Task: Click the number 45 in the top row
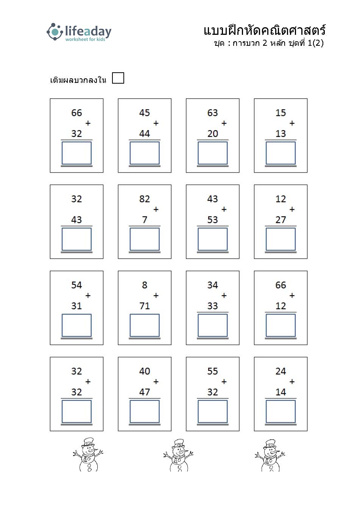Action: pos(145,113)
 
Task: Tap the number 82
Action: pos(145,199)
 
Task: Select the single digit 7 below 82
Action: pos(145,220)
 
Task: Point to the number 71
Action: pos(145,306)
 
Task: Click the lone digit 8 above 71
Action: pos(145,285)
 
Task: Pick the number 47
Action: pos(145,392)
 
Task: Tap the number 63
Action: pos(212,113)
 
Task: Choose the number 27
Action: pos(281,220)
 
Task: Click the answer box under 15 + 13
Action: pos(281,153)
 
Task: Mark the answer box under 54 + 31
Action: pos(76,325)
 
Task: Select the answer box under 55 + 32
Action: pos(212,411)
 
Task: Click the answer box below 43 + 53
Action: pos(212,239)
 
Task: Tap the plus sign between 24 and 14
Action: pos(292,381)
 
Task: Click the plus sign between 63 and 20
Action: pos(224,123)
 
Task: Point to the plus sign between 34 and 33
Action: pos(224,296)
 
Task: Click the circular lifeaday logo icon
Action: pos(55,32)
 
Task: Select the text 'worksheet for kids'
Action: pos(85,39)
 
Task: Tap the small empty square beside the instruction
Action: pos(118,78)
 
